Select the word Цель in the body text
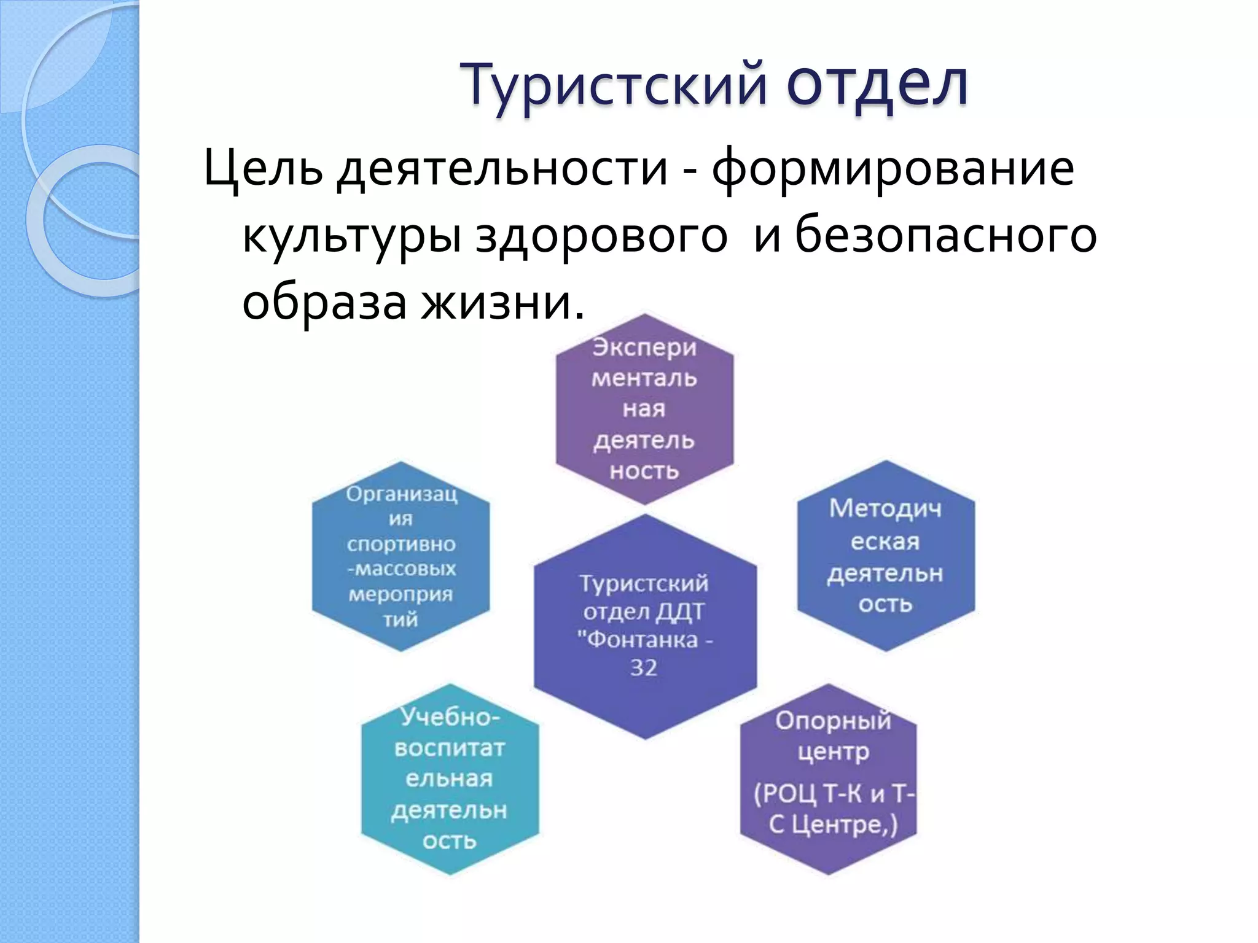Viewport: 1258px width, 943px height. [x=263, y=169]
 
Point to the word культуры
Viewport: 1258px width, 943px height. [x=351, y=236]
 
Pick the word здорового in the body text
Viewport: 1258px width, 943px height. [x=601, y=236]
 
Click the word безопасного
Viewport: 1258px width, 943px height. [x=946, y=236]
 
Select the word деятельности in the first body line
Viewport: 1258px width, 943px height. [x=502, y=169]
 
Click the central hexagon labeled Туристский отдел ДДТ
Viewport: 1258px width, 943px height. [x=645, y=626]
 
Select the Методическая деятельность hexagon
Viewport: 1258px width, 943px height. [x=886, y=556]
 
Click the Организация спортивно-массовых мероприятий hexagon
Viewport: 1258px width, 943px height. [x=401, y=556]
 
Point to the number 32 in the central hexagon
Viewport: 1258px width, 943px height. [x=644, y=668]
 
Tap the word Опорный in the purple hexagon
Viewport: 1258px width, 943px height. [x=833, y=721]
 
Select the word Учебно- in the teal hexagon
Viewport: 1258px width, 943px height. [x=450, y=717]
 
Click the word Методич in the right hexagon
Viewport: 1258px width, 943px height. [x=885, y=509]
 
